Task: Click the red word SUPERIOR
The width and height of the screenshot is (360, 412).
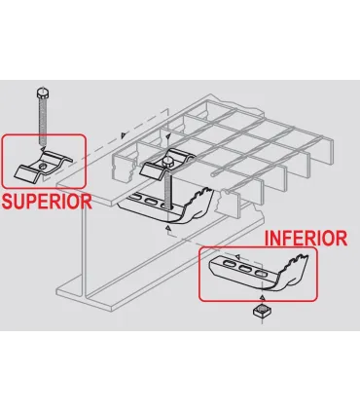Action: tap(47, 202)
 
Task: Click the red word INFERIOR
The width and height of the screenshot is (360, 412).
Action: tap(306, 239)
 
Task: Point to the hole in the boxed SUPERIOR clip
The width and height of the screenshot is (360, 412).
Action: tap(43, 167)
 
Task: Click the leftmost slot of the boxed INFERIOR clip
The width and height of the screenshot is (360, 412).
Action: tap(229, 265)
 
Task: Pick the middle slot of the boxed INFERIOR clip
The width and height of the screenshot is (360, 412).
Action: tap(244, 269)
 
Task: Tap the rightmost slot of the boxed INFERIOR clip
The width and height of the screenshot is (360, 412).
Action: tap(260, 273)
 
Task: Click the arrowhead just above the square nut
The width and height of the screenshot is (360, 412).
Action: tap(263, 298)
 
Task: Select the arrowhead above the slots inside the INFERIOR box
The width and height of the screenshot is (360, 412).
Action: tap(237, 257)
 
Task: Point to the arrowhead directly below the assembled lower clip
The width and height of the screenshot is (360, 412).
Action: tap(167, 229)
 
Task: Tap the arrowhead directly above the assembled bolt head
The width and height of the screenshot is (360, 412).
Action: tap(167, 137)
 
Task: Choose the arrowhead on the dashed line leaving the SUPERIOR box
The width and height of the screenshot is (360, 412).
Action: tap(123, 135)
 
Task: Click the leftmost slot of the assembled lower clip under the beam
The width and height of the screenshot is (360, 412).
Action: tap(135, 197)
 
